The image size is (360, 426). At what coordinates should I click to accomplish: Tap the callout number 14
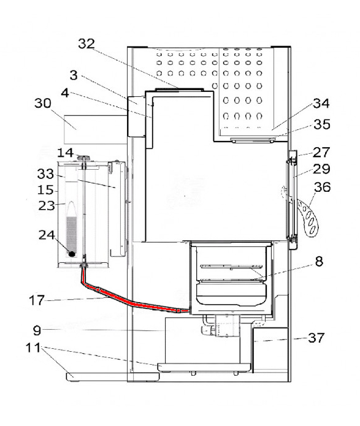[65, 151]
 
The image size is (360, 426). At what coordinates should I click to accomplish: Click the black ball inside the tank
[72, 253]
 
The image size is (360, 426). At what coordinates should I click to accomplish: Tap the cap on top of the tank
[84, 159]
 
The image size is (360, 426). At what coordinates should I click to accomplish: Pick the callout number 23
[47, 207]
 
